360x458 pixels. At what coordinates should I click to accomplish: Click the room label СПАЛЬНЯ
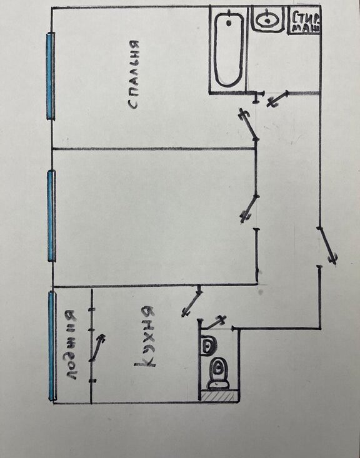[134, 74]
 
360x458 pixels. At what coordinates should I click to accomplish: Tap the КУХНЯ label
[145, 337]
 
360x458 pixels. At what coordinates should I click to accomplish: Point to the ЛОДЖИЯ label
[71, 346]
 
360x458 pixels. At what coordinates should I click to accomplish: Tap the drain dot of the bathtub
[229, 22]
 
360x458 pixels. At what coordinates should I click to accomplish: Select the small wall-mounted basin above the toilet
[207, 346]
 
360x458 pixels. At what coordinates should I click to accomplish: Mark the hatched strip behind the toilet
[219, 396]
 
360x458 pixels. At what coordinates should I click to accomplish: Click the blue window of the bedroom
[51, 76]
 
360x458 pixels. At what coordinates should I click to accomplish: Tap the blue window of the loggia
[52, 346]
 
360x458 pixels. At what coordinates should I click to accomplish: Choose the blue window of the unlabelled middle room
[52, 216]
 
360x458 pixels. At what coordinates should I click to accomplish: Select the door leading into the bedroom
[249, 125]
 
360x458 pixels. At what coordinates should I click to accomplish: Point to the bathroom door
[277, 99]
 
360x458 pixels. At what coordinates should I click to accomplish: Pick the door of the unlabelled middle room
[249, 209]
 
